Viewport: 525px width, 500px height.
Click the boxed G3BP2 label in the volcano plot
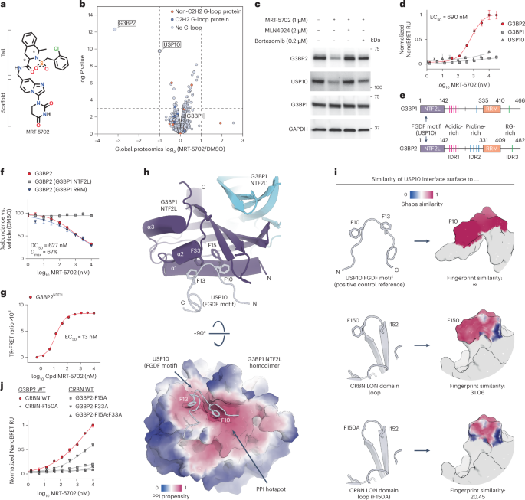(126, 24)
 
